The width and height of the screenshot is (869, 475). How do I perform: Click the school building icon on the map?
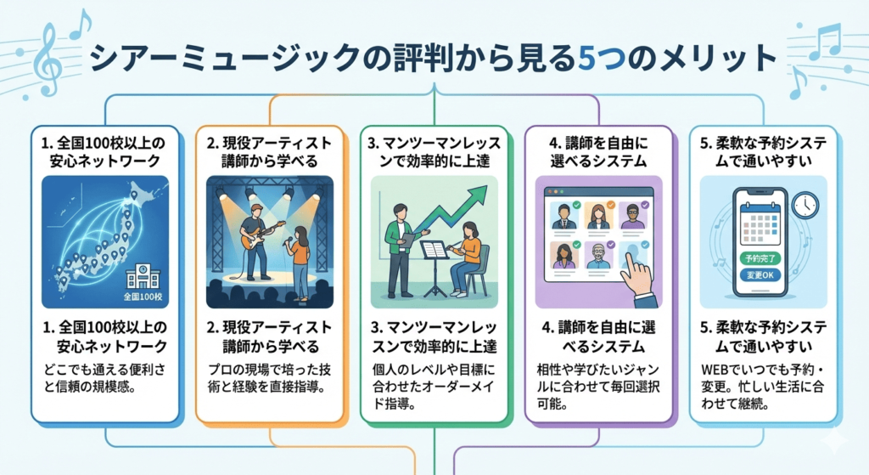pos(142,276)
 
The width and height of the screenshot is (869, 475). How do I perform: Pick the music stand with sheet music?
pos(434,255)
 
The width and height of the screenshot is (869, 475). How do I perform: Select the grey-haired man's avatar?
pos(599,257)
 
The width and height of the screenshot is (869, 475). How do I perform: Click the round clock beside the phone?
pos(804,204)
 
